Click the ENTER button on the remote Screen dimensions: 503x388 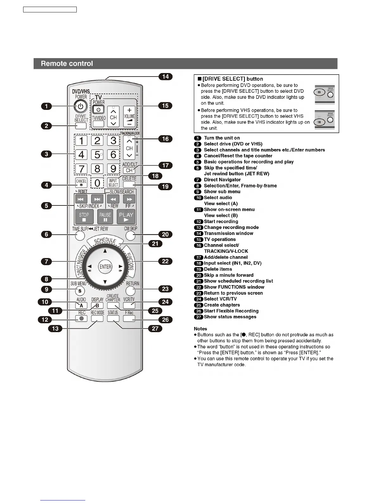pos(105,267)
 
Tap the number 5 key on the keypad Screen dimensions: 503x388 pos(97,155)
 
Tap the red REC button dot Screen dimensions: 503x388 pos(81,319)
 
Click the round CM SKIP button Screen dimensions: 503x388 pos(130,236)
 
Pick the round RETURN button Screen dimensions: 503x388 pos(130,291)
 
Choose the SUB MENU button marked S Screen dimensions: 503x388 pos(80,291)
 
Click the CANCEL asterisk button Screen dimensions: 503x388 pos(81,183)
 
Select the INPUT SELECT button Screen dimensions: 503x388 pos(113,183)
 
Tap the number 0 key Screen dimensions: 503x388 pos(97,183)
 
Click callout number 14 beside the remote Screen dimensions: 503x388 pos(165,77)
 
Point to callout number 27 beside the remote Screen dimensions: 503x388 pos(155,328)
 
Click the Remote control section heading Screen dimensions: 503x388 pos(67,64)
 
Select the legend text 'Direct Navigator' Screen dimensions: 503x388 pos(222,180)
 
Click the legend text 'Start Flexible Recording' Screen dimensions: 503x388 pos(231,311)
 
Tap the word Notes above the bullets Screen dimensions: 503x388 pos(200,329)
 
